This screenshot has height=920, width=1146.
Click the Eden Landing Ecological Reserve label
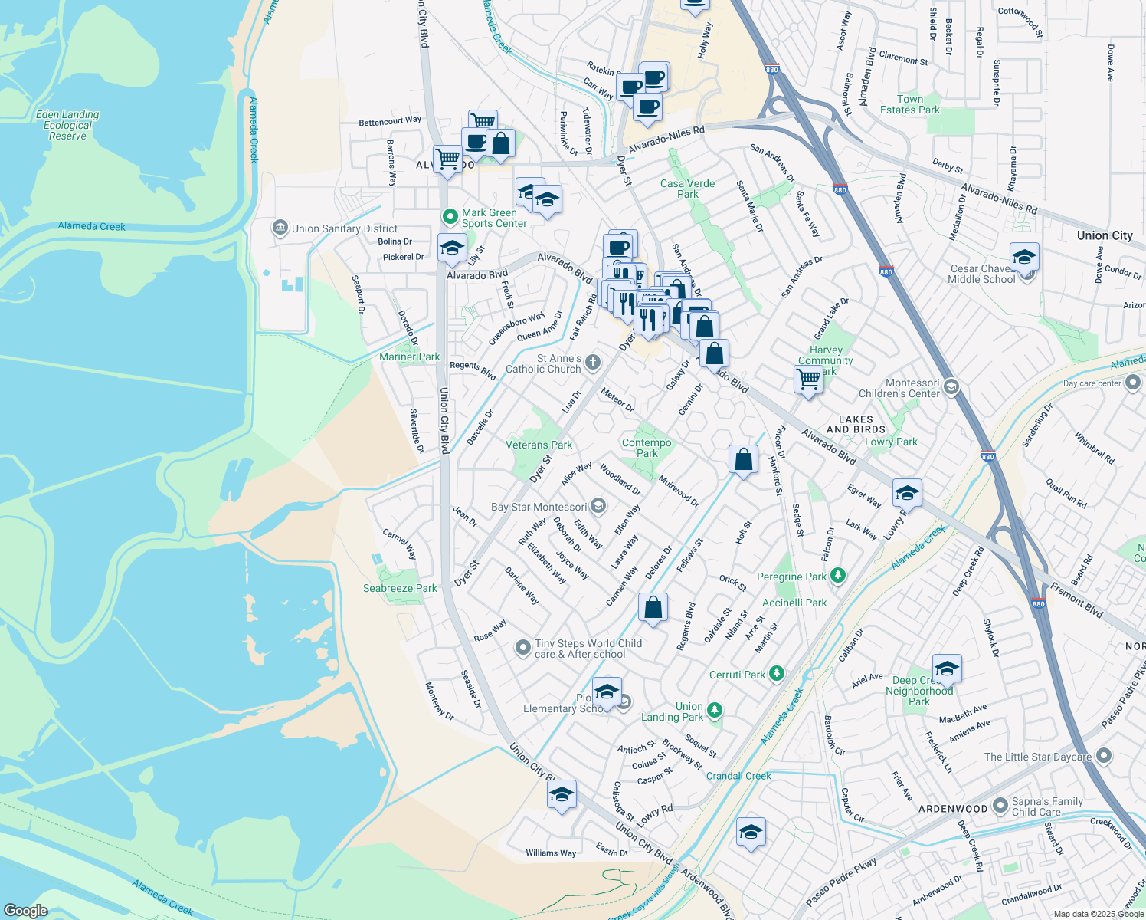[x=67, y=125]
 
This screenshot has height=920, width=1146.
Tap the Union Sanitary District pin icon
[x=280, y=228]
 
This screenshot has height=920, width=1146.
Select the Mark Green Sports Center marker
[x=451, y=218]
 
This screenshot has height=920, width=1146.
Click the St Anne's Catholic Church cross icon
[x=592, y=363]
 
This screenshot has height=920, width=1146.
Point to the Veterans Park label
[x=539, y=445]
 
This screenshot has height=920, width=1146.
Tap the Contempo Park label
[x=647, y=448]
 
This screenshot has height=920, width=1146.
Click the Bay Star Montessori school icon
[x=598, y=506]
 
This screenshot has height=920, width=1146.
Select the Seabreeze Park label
[x=400, y=588]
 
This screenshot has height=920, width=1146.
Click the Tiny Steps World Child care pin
[x=522, y=649]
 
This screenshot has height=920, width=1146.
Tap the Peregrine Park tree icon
[x=838, y=576]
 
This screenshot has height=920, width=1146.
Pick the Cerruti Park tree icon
[x=777, y=674]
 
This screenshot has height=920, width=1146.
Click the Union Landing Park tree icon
[x=715, y=711]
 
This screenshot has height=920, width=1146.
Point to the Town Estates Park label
[x=909, y=104]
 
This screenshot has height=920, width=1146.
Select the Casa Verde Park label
[x=687, y=189]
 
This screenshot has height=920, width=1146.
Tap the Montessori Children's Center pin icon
[x=951, y=387]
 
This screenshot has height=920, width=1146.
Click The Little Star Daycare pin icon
[x=1103, y=756]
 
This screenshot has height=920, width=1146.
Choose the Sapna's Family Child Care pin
[x=1000, y=806]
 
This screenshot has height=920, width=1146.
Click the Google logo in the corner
[x=26, y=910]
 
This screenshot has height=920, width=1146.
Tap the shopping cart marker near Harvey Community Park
[x=808, y=379]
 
